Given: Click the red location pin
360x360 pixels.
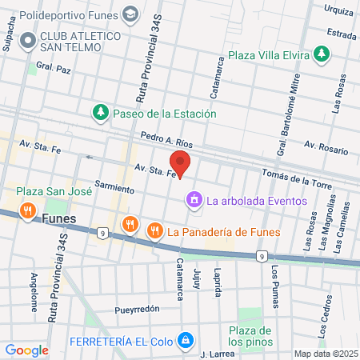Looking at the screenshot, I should (181, 165).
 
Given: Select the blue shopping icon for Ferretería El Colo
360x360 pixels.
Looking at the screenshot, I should (186, 339).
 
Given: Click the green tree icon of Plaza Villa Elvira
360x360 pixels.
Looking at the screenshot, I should (321, 54).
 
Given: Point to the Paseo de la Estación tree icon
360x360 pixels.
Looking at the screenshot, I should (100, 113).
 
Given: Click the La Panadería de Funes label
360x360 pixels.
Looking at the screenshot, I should (224, 232).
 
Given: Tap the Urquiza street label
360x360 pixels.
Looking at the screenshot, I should (339, 10).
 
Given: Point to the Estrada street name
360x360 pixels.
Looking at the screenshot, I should (341, 34).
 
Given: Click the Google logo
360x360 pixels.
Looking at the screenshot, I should (26, 350).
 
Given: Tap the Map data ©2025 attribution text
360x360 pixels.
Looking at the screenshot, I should (324, 354).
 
